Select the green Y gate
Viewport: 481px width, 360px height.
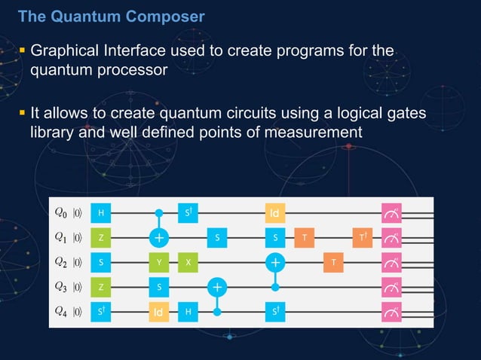(x=158, y=262)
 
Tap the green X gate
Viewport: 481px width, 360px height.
(x=188, y=262)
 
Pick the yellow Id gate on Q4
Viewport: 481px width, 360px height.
(x=158, y=311)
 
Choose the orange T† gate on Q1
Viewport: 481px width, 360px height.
(x=363, y=238)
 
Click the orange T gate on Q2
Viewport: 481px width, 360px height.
(x=333, y=262)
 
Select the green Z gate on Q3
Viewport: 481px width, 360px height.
(x=100, y=287)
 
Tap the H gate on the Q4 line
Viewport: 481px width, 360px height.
(x=188, y=311)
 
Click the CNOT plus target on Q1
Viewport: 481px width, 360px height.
(x=158, y=238)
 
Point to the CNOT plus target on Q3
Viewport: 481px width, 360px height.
(x=217, y=287)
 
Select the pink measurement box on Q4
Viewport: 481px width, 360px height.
(x=392, y=311)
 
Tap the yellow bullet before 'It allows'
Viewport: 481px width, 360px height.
(x=22, y=112)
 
